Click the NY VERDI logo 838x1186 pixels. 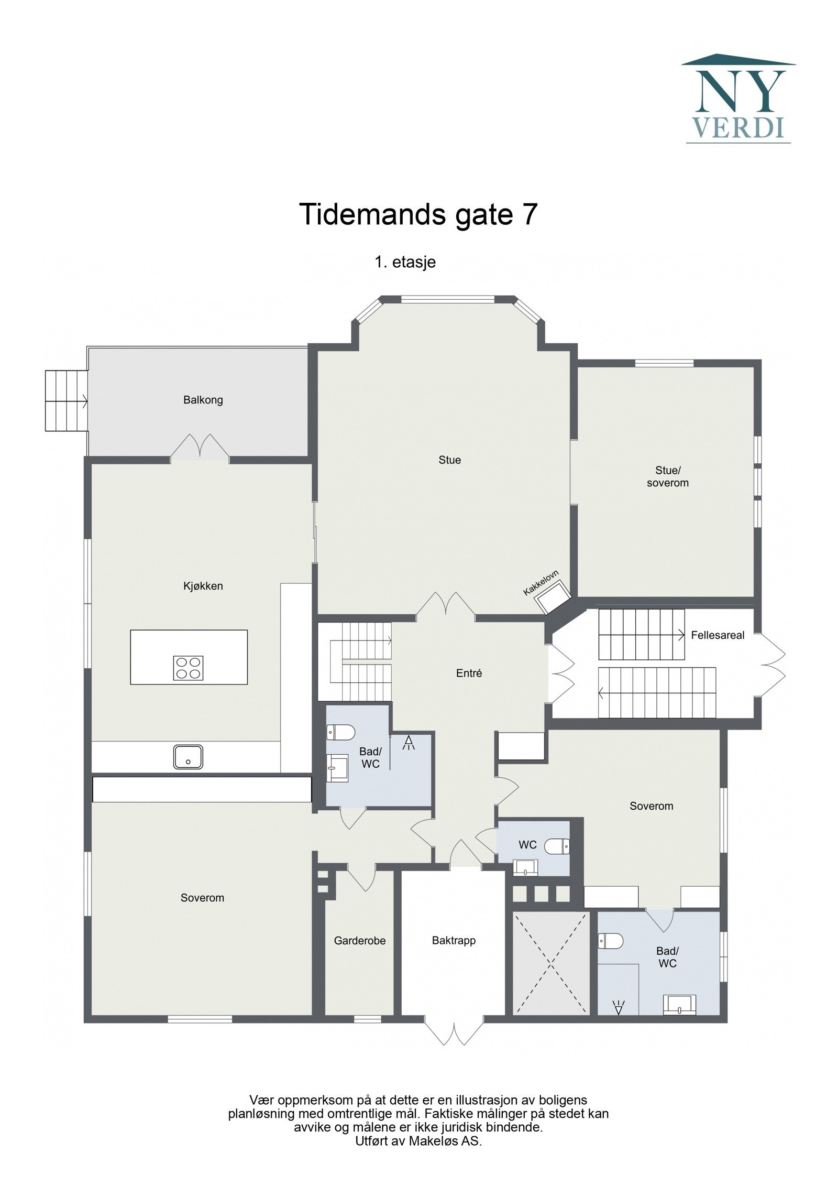(x=738, y=99)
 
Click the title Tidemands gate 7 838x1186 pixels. (x=418, y=214)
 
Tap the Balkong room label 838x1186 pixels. (x=203, y=400)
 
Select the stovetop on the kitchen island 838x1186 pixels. (x=188, y=668)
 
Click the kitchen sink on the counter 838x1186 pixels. (x=188, y=757)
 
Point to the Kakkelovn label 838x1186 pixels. (x=541, y=582)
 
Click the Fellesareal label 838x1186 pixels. (x=717, y=635)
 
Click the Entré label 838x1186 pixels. (x=469, y=673)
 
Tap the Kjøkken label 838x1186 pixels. (x=203, y=586)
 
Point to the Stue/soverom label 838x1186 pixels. (x=667, y=476)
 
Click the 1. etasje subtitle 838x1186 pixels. (x=405, y=262)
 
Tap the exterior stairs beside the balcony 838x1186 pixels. (x=66, y=400)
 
